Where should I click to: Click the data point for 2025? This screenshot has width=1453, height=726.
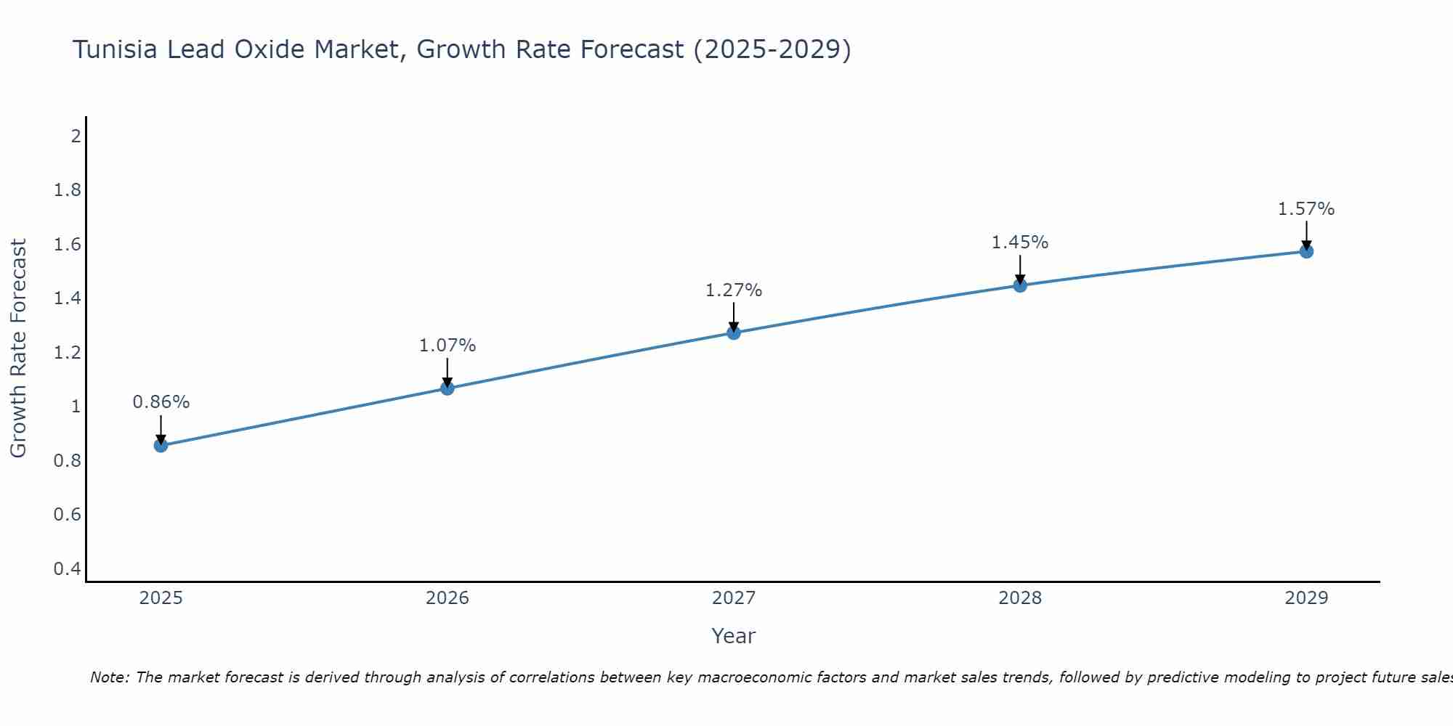[x=161, y=445]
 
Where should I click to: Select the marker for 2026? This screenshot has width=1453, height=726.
[x=448, y=388]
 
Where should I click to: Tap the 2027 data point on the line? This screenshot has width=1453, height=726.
[x=734, y=333]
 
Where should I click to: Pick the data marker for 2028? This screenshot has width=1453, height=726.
[x=1020, y=285]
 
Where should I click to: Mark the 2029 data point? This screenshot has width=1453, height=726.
[x=1306, y=251]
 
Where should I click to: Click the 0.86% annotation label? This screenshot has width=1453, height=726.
[x=161, y=402]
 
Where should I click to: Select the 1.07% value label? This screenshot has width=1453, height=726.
[x=448, y=346]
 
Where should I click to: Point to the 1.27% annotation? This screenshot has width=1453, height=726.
[x=734, y=290]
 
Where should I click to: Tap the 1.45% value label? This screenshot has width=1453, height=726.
[x=1020, y=242]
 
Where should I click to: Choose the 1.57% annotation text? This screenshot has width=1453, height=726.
[x=1306, y=209]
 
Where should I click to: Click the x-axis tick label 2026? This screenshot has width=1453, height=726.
[x=448, y=598]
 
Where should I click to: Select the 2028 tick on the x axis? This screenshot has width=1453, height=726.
[x=1020, y=598]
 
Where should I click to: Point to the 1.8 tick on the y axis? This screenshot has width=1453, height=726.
[x=68, y=190]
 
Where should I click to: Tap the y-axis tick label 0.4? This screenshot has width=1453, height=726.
[x=68, y=568]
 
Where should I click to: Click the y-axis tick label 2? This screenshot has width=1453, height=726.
[x=76, y=136]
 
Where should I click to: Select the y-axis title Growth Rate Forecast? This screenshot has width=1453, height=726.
[x=18, y=348]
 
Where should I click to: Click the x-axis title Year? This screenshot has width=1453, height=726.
[x=734, y=636]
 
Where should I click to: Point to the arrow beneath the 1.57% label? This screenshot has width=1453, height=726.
[x=1306, y=234]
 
